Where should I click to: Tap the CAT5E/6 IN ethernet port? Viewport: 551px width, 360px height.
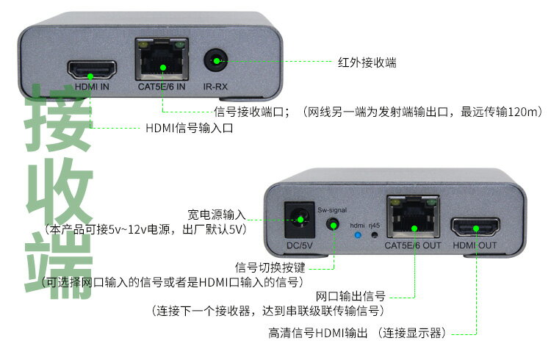tap(162, 62)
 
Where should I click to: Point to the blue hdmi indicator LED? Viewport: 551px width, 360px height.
tap(358, 236)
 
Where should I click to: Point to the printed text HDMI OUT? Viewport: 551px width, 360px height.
tap(475, 245)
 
